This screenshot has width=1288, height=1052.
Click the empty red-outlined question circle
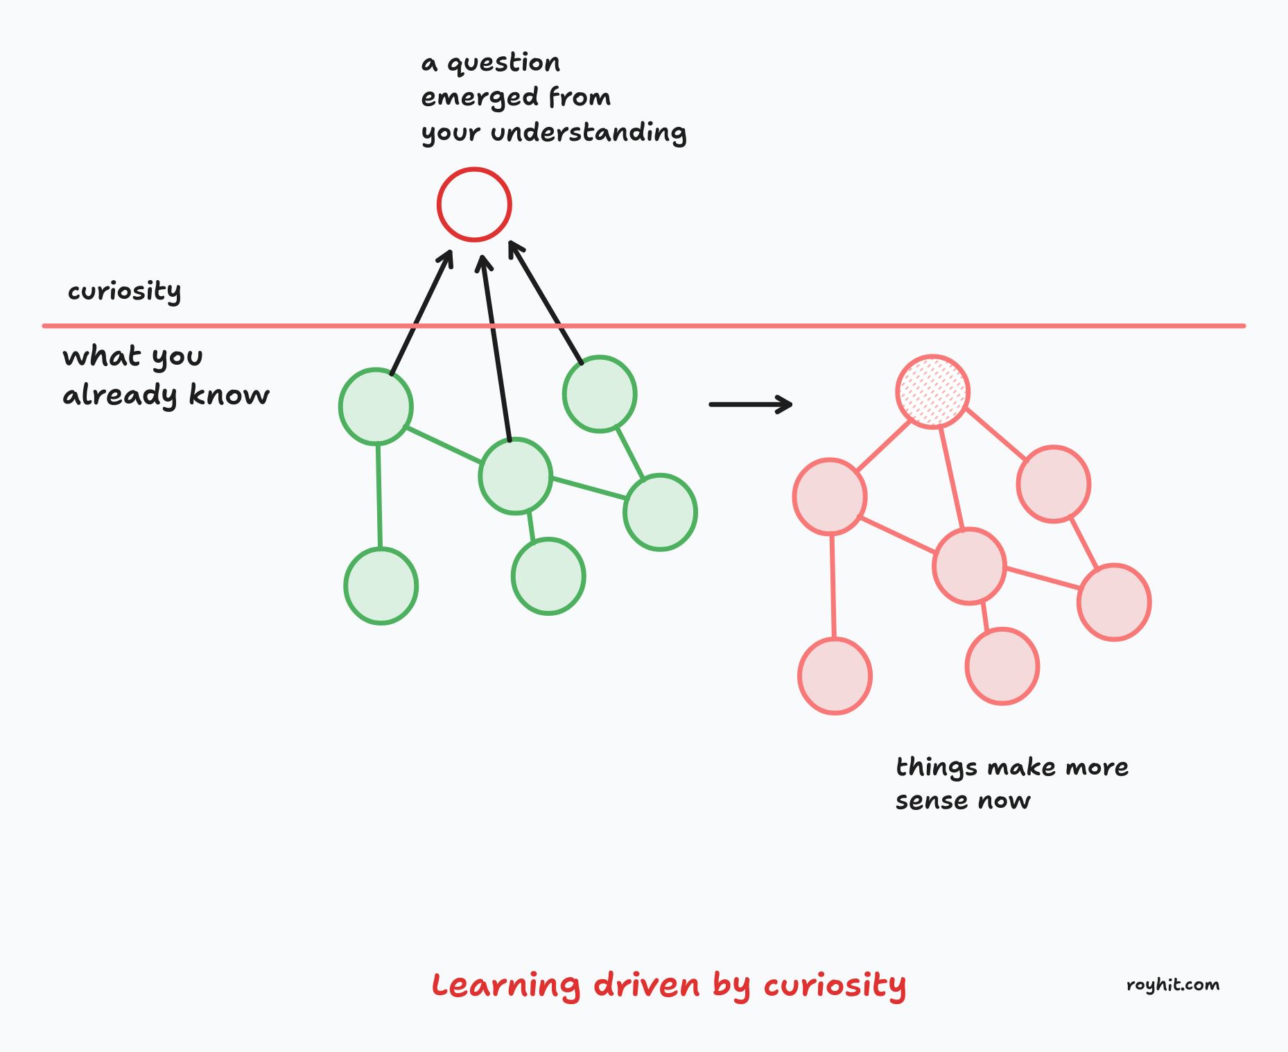[474, 205]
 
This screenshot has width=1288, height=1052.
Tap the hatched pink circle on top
[932, 392]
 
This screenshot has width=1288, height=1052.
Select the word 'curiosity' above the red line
[125, 291]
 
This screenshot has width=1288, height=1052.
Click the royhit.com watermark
[1173, 985]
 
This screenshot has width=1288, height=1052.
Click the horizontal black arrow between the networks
[750, 404]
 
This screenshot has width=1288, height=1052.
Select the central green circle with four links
[515, 476]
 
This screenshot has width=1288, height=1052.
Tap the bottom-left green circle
[381, 586]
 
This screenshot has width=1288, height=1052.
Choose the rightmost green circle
[660, 512]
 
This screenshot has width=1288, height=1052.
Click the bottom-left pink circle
[835, 676]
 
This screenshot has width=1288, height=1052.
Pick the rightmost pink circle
[1114, 602]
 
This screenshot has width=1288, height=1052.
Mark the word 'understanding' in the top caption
[589, 132]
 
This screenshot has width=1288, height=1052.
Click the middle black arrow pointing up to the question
[496, 347]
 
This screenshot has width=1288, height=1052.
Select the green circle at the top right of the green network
[600, 394]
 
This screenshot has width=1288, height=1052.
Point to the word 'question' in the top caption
[503, 64]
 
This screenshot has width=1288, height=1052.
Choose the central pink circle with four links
[969, 566]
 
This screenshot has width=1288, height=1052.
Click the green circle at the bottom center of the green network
[548, 576]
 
